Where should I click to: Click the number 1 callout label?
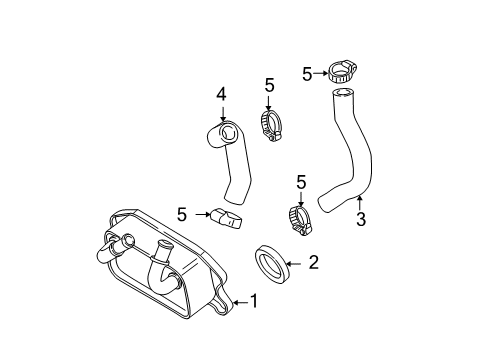(253, 300)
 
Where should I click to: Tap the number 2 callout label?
(313, 263)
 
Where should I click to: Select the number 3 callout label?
(361, 219)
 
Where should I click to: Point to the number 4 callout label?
(222, 94)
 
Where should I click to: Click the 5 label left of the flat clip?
(182, 213)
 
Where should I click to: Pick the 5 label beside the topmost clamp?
(307, 72)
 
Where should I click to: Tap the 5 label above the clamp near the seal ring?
(300, 181)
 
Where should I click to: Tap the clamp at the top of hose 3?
(339, 72)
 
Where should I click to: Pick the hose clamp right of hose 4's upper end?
(269, 125)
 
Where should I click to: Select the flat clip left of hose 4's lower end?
(227, 216)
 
